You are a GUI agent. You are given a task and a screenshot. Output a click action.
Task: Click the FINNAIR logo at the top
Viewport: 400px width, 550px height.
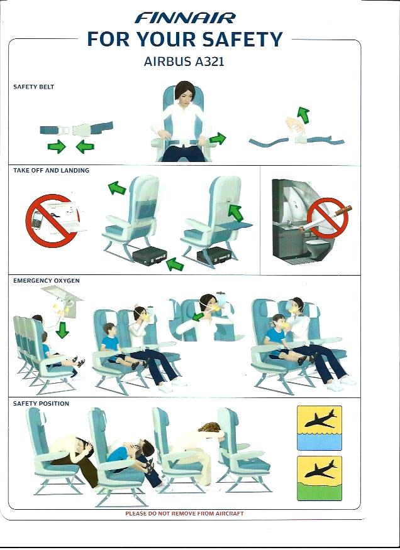tap(185, 18)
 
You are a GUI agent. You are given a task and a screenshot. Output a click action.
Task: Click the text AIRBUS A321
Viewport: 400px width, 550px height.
tap(184, 62)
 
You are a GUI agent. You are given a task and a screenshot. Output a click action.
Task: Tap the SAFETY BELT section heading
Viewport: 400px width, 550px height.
tap(34, 87)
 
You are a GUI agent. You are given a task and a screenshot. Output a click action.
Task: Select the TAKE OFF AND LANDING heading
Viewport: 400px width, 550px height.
tap(52, 171)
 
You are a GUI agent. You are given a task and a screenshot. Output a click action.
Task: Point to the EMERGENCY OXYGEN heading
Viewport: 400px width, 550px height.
tap(47, 281)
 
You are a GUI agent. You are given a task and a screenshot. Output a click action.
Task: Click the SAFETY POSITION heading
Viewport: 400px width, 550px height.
tap(41, 403)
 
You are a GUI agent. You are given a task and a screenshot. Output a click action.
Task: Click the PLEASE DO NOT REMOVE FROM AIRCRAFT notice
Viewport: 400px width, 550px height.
tap(184, 514)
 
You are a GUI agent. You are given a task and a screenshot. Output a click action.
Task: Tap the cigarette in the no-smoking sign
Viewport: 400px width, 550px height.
tap(343, 210)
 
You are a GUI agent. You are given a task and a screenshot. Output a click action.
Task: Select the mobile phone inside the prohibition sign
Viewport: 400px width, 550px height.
tap(37, 220)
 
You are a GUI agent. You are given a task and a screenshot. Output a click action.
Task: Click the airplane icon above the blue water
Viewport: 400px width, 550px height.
tap(320, 419)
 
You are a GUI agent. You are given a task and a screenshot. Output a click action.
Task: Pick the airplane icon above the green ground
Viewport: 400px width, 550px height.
tap(320, 469)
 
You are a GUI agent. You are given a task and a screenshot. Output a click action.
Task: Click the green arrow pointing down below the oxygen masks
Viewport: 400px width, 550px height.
tap(62, 330)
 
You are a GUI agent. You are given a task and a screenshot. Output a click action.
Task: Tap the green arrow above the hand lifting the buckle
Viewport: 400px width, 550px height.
tap(303, 115)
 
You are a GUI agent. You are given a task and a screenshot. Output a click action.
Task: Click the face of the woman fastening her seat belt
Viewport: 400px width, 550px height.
tap(184, 94)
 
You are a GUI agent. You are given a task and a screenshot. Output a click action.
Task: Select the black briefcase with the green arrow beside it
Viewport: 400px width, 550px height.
tap(150, 255)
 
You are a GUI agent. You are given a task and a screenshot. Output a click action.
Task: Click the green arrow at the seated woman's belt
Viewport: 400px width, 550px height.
tap(218, 139)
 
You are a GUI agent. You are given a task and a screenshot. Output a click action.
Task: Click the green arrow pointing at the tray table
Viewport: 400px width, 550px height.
tap(235, 213)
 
